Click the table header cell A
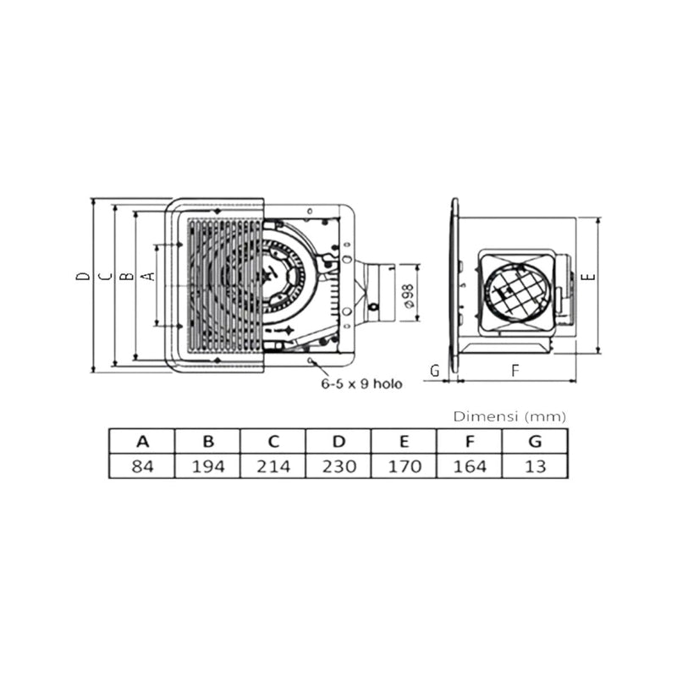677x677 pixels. (142, 441)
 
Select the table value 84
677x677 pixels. (142, 466)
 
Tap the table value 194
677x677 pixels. (208, 466)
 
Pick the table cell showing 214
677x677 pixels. (273, 466)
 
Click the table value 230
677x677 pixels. (339, 466)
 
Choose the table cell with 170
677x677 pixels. (405, 466)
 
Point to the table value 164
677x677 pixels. (470, 466)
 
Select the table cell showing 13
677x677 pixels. (536, 466)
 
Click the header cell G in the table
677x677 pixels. (536, 441)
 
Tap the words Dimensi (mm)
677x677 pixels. (509, 416)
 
